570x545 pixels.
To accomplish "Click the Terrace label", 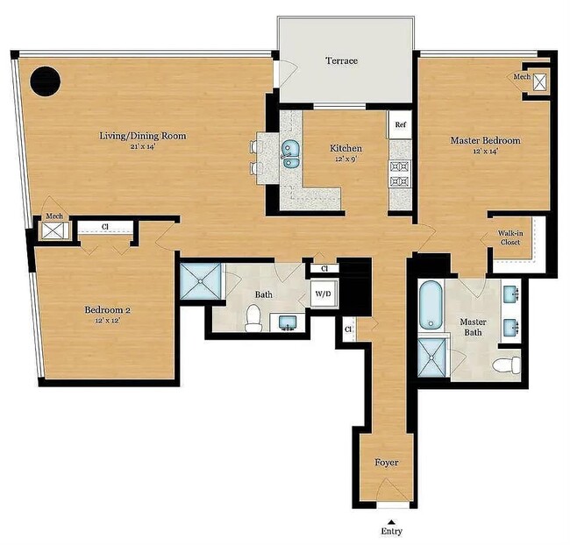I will (x=342, y=60).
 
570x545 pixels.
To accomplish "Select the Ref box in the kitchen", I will (x=400, y=124).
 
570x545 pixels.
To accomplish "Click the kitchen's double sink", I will (x=289, y=155).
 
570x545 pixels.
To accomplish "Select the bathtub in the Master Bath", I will (x=431, y=306).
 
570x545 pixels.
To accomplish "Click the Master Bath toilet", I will (x=505, y=365).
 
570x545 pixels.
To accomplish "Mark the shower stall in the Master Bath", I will (x=431, y=356).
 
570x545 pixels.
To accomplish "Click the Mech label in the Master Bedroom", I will (x=523, y=77).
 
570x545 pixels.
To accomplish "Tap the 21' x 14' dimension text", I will (x=146, y=147).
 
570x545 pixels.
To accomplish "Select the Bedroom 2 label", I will (x=107, y=310).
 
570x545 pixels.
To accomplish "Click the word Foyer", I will (x=387, y=462).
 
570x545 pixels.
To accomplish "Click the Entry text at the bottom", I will (x=392, y=531).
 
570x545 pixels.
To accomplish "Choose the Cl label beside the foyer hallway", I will (x=348, y=329).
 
